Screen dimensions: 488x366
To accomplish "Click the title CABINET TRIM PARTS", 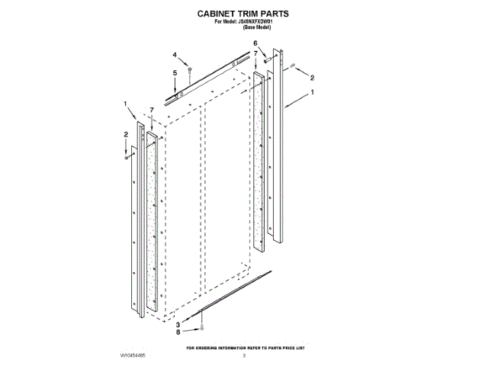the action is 243,14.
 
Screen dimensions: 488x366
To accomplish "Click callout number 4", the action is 174,55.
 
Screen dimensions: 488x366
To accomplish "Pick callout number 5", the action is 175,72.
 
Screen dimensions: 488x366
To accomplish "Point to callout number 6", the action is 255,43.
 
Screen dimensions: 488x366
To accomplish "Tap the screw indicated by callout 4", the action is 190,70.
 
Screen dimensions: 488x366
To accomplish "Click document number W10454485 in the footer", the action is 132,355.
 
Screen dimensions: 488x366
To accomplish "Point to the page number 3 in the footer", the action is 243,355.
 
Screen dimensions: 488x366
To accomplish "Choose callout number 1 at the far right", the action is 312,92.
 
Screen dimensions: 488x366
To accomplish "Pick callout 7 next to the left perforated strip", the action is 152,110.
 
